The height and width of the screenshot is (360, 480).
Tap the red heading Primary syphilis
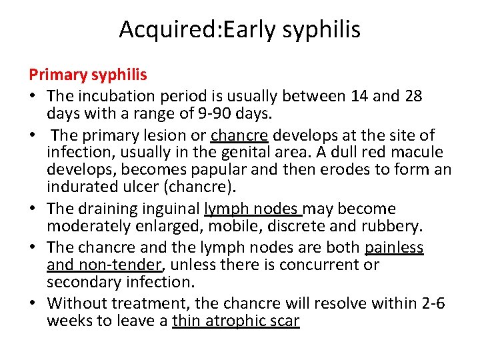[88, 74]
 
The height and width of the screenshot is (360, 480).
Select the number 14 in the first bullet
[359, 96]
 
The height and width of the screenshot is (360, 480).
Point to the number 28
[413, 96]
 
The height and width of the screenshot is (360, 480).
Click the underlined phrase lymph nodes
[253, 209]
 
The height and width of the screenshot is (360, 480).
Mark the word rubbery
[393, 227]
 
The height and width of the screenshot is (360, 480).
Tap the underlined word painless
[394, 248]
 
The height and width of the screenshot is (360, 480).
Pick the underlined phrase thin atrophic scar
[236, 321]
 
